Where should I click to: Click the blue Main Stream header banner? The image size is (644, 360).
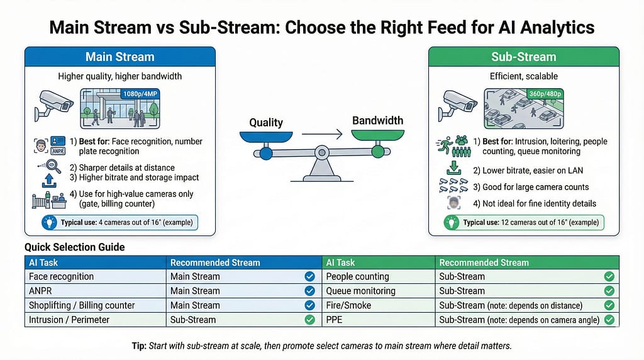119,57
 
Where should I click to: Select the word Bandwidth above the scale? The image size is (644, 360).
377,120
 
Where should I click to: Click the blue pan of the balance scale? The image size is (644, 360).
266,136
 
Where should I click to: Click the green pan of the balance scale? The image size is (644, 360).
377,135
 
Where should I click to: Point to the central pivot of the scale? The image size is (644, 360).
322,152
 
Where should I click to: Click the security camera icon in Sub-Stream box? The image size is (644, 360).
458,103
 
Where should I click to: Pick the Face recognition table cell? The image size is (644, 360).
61,276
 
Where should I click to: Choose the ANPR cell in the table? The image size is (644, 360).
41,291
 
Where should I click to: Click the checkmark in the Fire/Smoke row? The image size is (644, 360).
608,305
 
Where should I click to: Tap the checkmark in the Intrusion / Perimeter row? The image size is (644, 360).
309,320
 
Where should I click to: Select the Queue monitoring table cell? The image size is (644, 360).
360,291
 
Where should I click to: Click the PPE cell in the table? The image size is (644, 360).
335,320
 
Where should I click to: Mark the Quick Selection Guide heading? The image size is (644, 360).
74,247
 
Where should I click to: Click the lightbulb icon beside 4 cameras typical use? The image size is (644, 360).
50,223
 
